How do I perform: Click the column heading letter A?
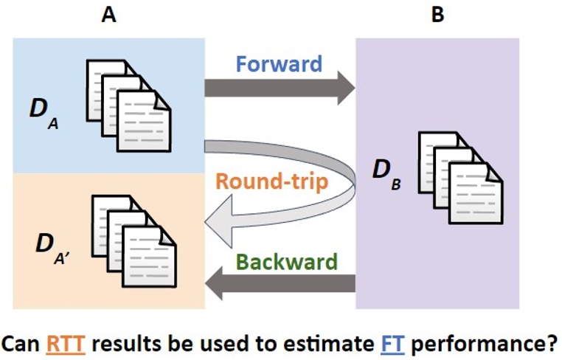coord(109,15)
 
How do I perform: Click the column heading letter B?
coord(437,15)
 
